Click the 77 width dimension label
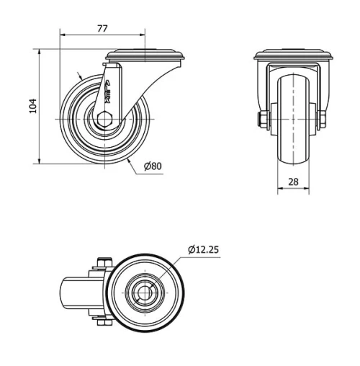[102, 28]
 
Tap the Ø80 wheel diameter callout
[152, 166]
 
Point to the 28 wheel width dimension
[294, 182]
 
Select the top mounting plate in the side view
[145, 54]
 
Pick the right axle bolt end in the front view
[323, 118]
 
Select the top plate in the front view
[293, 55]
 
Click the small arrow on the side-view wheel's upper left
[79, 75]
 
